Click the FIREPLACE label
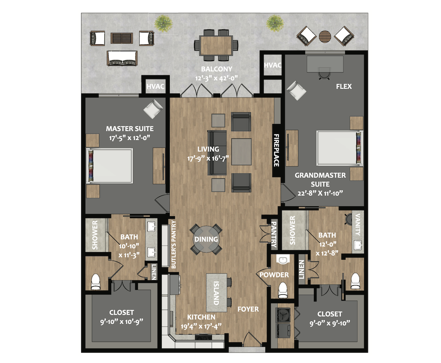276,150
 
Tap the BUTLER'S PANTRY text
173,244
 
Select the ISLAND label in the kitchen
216,293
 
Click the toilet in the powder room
282,290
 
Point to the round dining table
206,239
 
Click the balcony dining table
216,45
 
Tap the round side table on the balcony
325,36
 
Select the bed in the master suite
109,166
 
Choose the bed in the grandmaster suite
339,148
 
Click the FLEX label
344,87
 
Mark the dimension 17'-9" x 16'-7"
208,159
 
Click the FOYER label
248,309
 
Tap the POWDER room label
274,275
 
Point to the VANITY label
358,225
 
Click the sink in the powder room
281,259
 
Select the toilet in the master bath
95,282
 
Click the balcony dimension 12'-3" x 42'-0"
216,78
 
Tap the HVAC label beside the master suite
155,86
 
